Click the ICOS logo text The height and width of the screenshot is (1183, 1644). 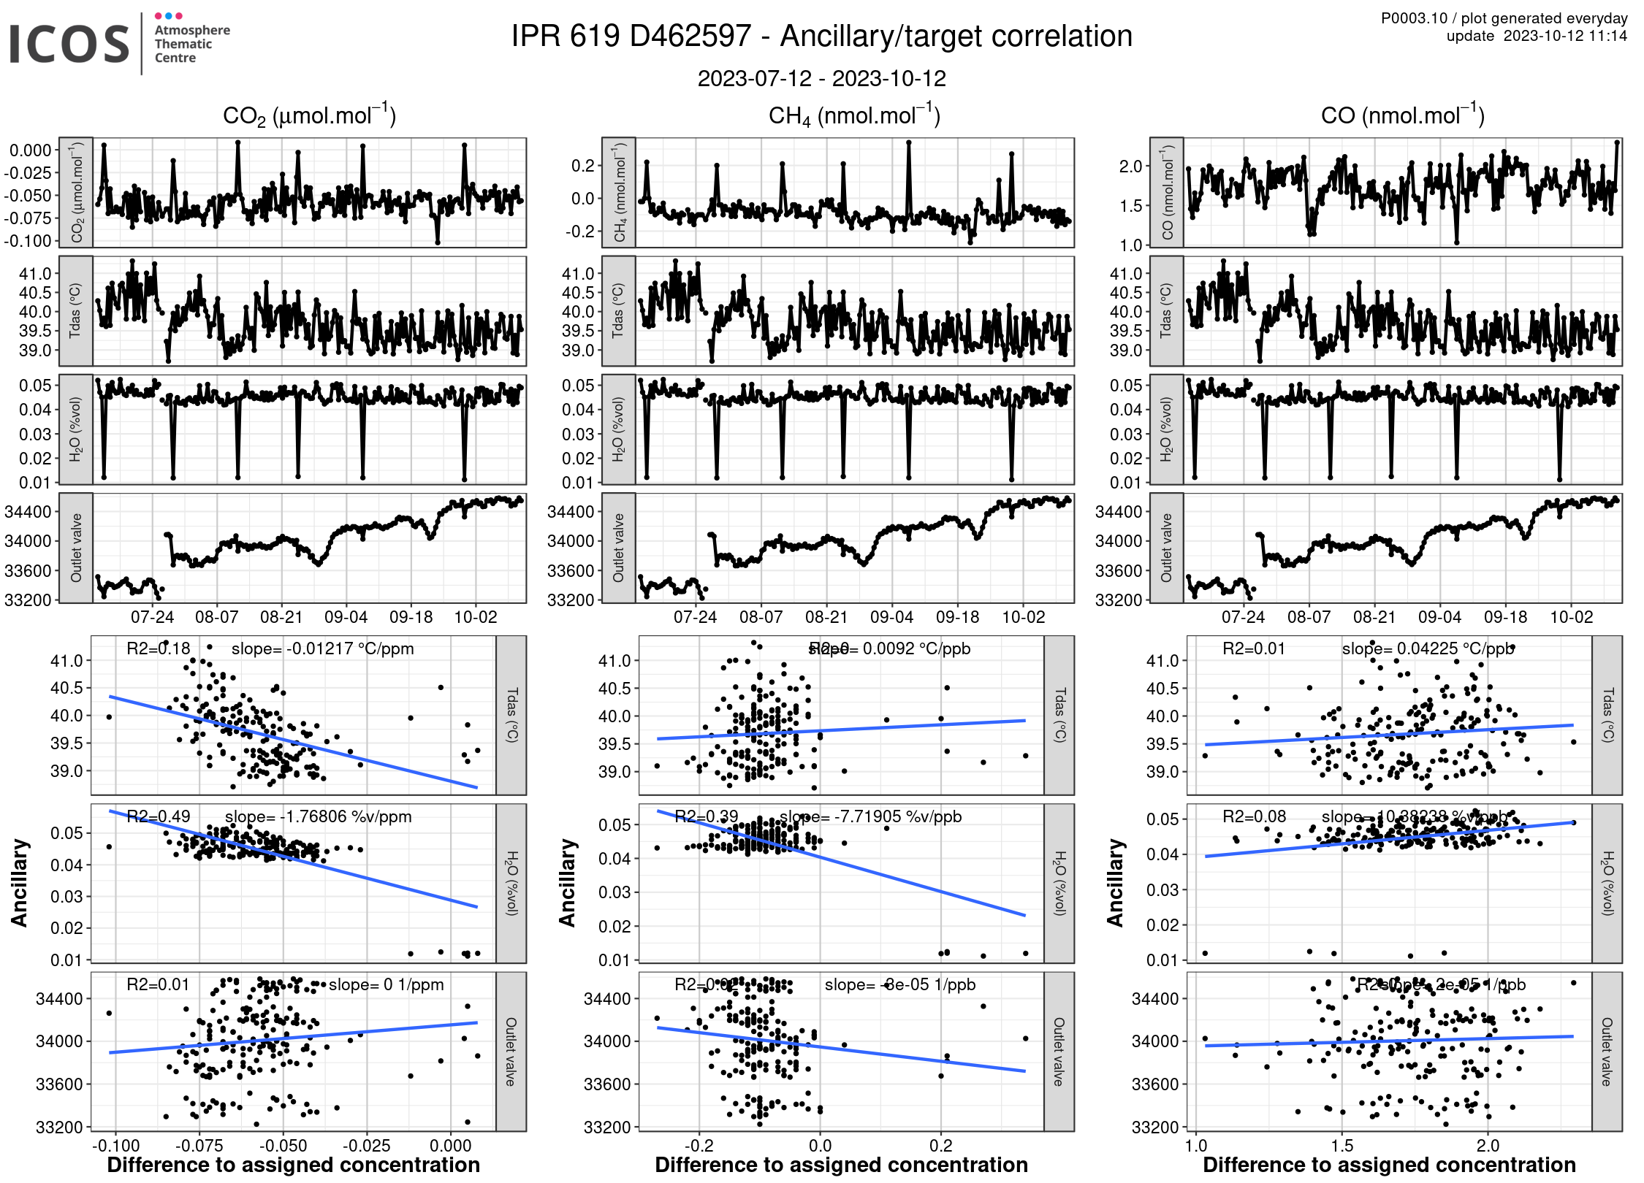(69, 44)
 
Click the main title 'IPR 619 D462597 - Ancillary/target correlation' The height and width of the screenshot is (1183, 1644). (821, 37)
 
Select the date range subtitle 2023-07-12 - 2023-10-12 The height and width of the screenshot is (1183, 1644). (821, 78)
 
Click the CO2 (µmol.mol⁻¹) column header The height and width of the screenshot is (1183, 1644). (309, 116)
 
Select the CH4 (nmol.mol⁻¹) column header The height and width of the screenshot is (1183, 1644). (854, 116)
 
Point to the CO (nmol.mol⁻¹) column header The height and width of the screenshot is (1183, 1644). (1402, 116)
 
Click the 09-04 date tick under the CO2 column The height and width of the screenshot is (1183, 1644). (346, 617)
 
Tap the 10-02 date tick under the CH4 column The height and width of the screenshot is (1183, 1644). (1023, 617)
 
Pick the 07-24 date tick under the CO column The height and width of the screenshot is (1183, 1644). (1243, 617)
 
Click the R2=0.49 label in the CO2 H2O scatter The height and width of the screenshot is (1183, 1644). (159, 816)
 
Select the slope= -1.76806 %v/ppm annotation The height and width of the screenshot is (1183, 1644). (318, 816)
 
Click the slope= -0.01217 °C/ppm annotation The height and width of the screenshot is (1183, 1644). (322, 648)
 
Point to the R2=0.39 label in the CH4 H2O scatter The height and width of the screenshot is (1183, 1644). (706, 816)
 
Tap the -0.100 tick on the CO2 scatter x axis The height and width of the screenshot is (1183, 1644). (116, 1146)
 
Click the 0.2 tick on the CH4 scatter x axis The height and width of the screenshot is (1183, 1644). (941, 1146)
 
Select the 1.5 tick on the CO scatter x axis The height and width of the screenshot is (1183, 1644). (1342, 1146)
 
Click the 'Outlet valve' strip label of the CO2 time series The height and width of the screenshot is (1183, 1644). (76, 548)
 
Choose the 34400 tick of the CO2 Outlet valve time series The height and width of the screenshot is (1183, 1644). (28, 512)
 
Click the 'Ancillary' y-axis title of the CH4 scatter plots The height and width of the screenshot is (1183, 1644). (567, 883)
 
